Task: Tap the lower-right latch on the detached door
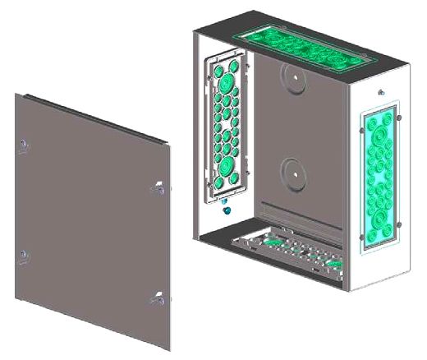pos(155,298)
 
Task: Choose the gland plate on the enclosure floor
pos(287,248)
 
